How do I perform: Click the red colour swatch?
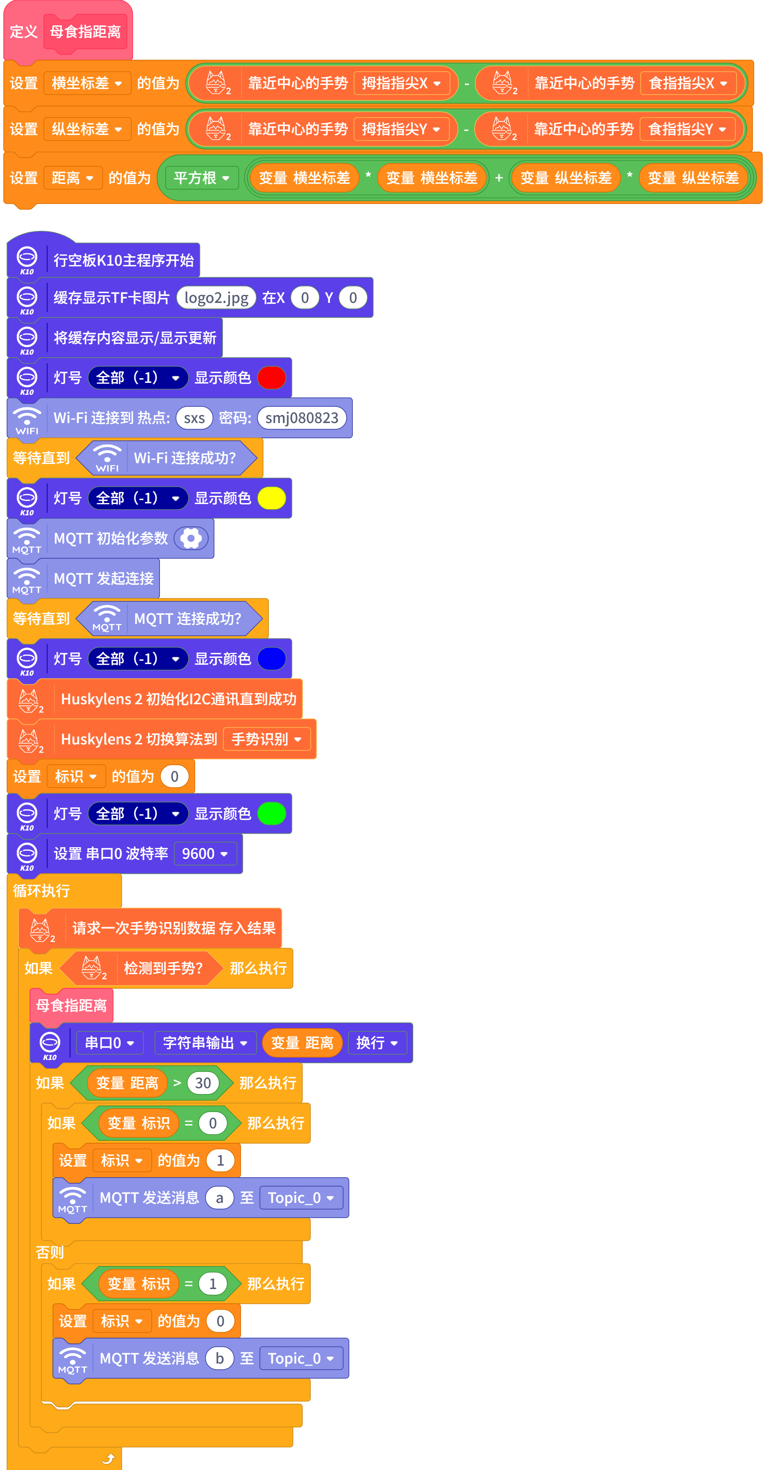pyautogui.click(x=271, y=378)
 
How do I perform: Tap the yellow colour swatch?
pyautogui.click(x=271, y=498)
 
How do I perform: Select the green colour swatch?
pyautogui.click(x=271, y=814)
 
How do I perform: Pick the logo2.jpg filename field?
pyautogui.click(x=216, y=298)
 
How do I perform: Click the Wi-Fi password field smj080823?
pyautogui.click(x=302, y=418)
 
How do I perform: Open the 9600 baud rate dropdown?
pyautogui.click(x=205, y=854)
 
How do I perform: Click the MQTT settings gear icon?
pyautogui.click(x=191, y=538)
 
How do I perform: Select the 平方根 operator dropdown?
pyautogui.click(x=201, y=178)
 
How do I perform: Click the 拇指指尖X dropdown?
pyautogui.click(x=401, y=83)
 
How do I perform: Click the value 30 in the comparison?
pyautogui.click(x=203, y=1083)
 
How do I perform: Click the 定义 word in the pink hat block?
pyautogui.click(x=24, y=32)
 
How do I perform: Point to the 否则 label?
pyautogui.click(x=50, y=1252)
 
